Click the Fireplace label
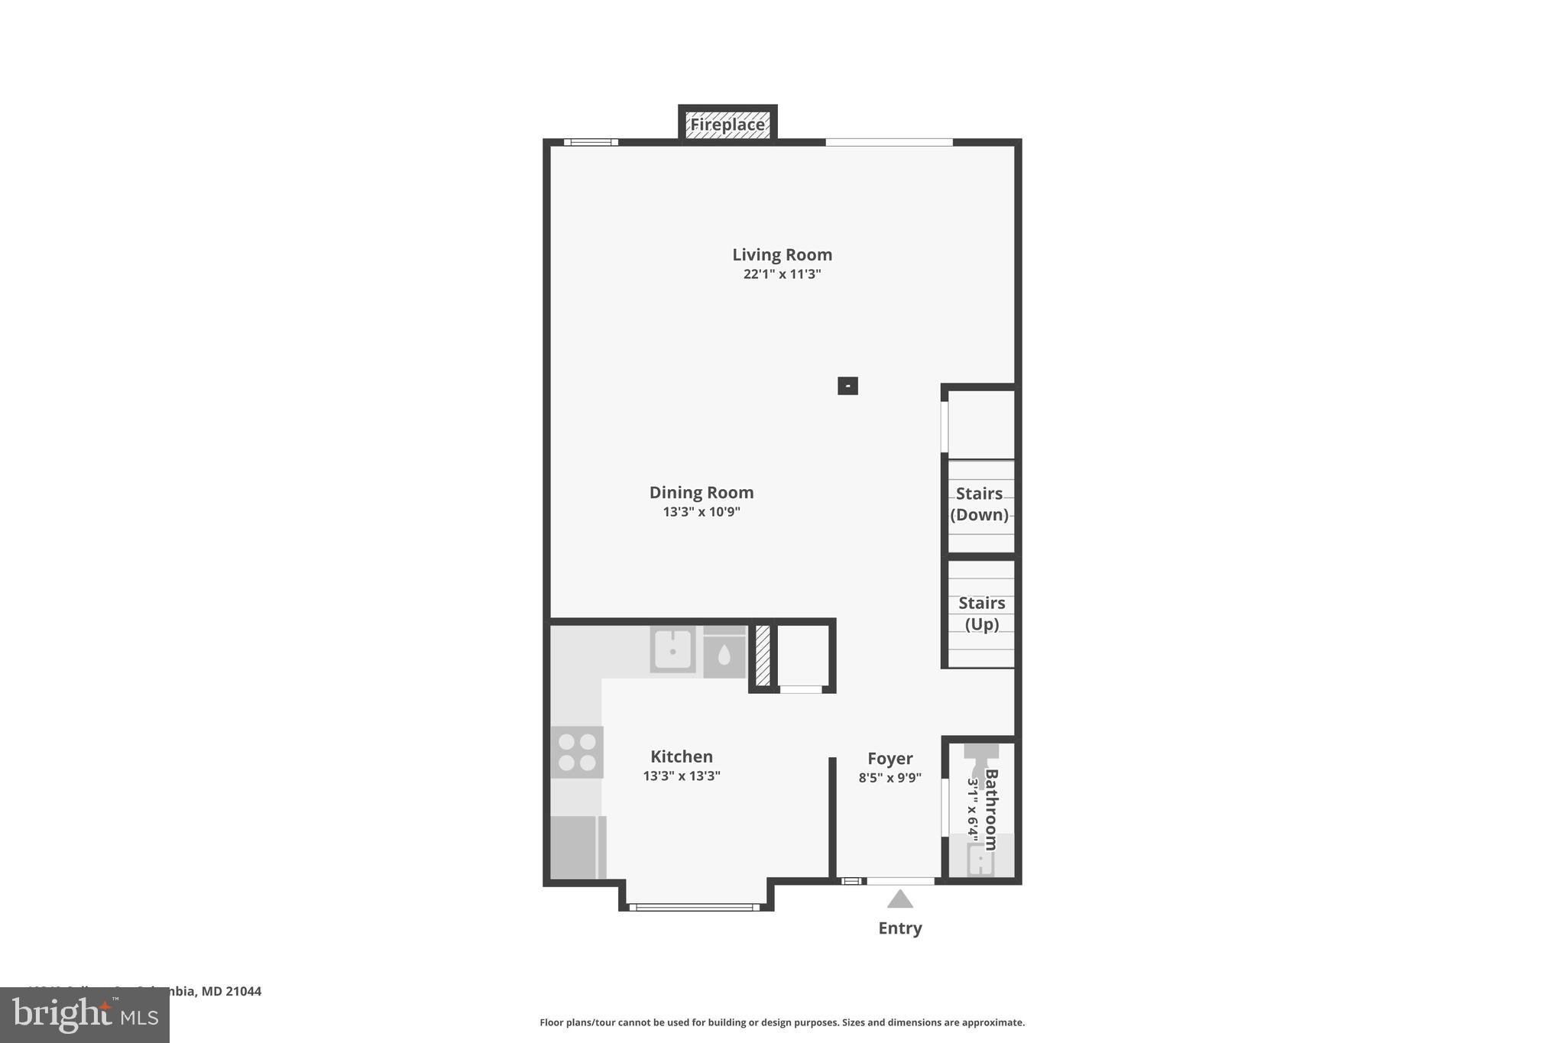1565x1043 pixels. click(x=727, y=125)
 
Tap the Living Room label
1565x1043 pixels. click(x=782, y=254)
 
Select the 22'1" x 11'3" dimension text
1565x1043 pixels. click(x=782, y=274)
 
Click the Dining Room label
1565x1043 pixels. click(x=701, y=493)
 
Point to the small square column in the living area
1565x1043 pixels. click(x=847, y=386)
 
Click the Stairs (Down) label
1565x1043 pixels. click(x=979, y=504)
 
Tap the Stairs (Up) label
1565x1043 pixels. click(x=981, y=614)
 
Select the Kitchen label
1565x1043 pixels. click(x=681, y=756)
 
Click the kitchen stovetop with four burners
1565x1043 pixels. click(x=577, y=752)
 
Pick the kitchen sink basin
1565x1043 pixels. click(x=672, y=650)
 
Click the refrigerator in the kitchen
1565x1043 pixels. click(x=576, y=847)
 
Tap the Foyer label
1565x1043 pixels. click(x=889, y=759)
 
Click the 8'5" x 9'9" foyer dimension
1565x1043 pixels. click(x=889, y=779)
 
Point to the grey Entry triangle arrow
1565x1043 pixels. click(x=899, y=899)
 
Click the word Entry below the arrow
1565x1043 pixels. click(x=899, y=928)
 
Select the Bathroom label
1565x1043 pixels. click(x=990, y=809)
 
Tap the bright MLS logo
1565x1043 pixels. click(x=85, y=1015)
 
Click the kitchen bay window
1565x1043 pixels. click(x=695, y=907)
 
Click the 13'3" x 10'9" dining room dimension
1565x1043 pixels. click(x=701, y=512)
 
